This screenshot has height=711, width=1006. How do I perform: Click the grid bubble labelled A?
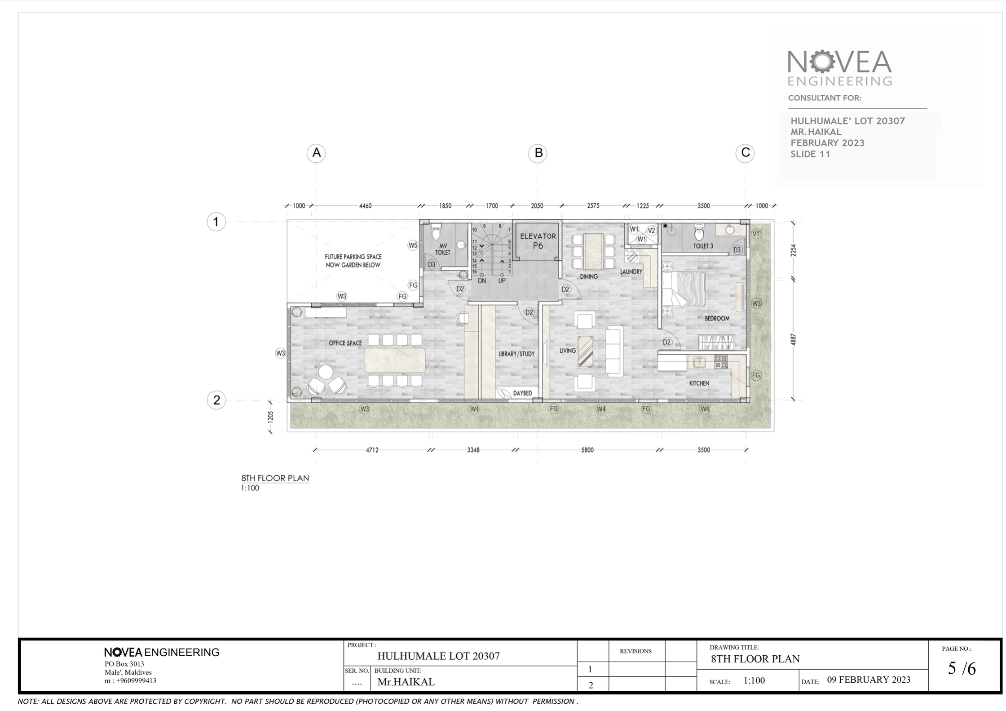point(316,153)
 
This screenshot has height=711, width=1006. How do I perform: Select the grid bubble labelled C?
point(745,153)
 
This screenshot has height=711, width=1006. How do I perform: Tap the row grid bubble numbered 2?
point(216,400)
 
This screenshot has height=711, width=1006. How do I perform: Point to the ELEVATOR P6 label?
point(538,241)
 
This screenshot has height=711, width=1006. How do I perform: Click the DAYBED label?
point(522,393)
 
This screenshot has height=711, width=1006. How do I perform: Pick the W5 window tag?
point(413,245)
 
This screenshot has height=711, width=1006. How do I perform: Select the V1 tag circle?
point(756,234)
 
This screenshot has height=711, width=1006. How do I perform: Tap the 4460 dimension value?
point(365,206)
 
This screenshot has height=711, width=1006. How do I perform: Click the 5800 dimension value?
point(587,450)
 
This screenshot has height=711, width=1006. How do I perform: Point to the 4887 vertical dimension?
point(793,339)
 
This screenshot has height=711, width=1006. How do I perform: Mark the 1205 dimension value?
point(270,417)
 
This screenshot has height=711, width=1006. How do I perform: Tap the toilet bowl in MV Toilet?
point(436,232)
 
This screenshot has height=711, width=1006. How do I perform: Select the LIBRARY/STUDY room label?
point(516,354)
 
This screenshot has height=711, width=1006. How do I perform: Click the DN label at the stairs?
point(482,281)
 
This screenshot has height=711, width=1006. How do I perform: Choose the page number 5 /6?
point(962,669)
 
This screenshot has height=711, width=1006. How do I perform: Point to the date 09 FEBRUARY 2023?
point(869,680)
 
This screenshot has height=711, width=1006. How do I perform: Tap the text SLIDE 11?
point(810,154)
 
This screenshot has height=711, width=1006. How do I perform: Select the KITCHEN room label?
point(699,383)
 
